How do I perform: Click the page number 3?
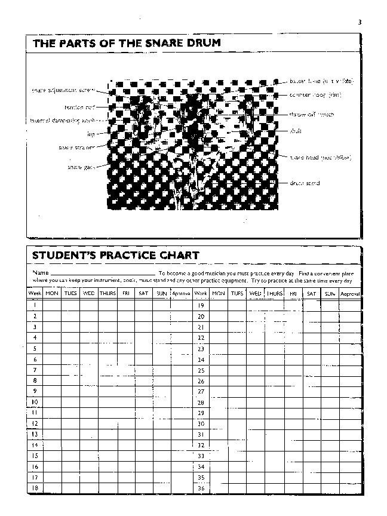pyautogui.click(x=360, y=22)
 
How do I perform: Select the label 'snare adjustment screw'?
pyautogui.click(x=69, y=91)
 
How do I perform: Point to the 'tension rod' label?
pyautogui.click(x=79, y=107)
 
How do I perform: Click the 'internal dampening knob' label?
pyautogui.click(x=64, y=121)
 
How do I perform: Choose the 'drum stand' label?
pyautogui.click(x=305, y=183)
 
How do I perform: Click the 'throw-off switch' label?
pyautogui.click(x=311, y=114)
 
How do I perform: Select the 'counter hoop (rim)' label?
pyautogui.click(x=315, y=95)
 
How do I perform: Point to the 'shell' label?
pyautogui.click(x=296, y=130)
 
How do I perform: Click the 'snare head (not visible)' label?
pyautogui.click(x=320, y=158)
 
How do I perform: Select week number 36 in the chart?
pyautogui.click(x=201, y=487)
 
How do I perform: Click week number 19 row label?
pyautogui.click(x=201, y=305)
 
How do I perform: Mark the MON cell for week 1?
pyautogui.click(x=52, y=305)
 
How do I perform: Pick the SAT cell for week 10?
pyautogui.click(x=143, y=402)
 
